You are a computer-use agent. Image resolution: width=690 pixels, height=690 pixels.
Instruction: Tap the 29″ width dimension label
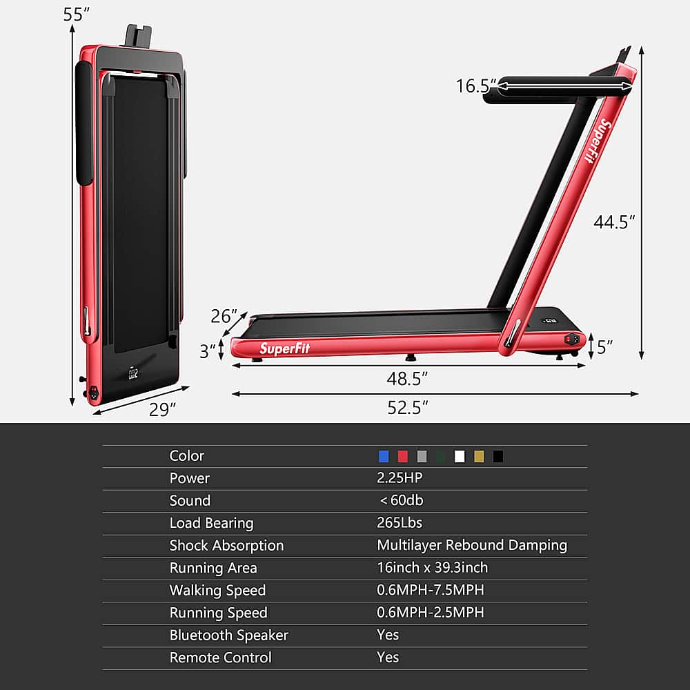(x=164, y=410)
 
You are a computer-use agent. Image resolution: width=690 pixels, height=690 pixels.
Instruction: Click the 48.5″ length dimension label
(x=407, y=379)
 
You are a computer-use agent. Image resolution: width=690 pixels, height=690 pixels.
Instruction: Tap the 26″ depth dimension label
(x=224, y=317)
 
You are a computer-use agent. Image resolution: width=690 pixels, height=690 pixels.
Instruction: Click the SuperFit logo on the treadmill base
(x=285, y=348)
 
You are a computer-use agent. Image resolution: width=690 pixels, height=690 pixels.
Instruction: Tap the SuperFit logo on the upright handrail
(x=594, y=140)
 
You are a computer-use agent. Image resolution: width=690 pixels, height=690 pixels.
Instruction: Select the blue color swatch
(x=384, y=456)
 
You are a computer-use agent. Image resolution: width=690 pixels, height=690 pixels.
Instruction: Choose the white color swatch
(x=460, y=456)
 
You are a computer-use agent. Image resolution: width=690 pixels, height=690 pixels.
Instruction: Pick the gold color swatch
(x=479, y=456)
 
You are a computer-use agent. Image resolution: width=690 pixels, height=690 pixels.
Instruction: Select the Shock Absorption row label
(x=226, y=545)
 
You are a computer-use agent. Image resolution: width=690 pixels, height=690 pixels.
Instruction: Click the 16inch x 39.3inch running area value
(x=432, y=567)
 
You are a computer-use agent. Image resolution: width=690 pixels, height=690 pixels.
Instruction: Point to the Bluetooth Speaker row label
(x=228, y=635)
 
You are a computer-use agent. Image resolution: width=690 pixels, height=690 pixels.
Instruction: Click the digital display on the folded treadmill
(x=133, y=374)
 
